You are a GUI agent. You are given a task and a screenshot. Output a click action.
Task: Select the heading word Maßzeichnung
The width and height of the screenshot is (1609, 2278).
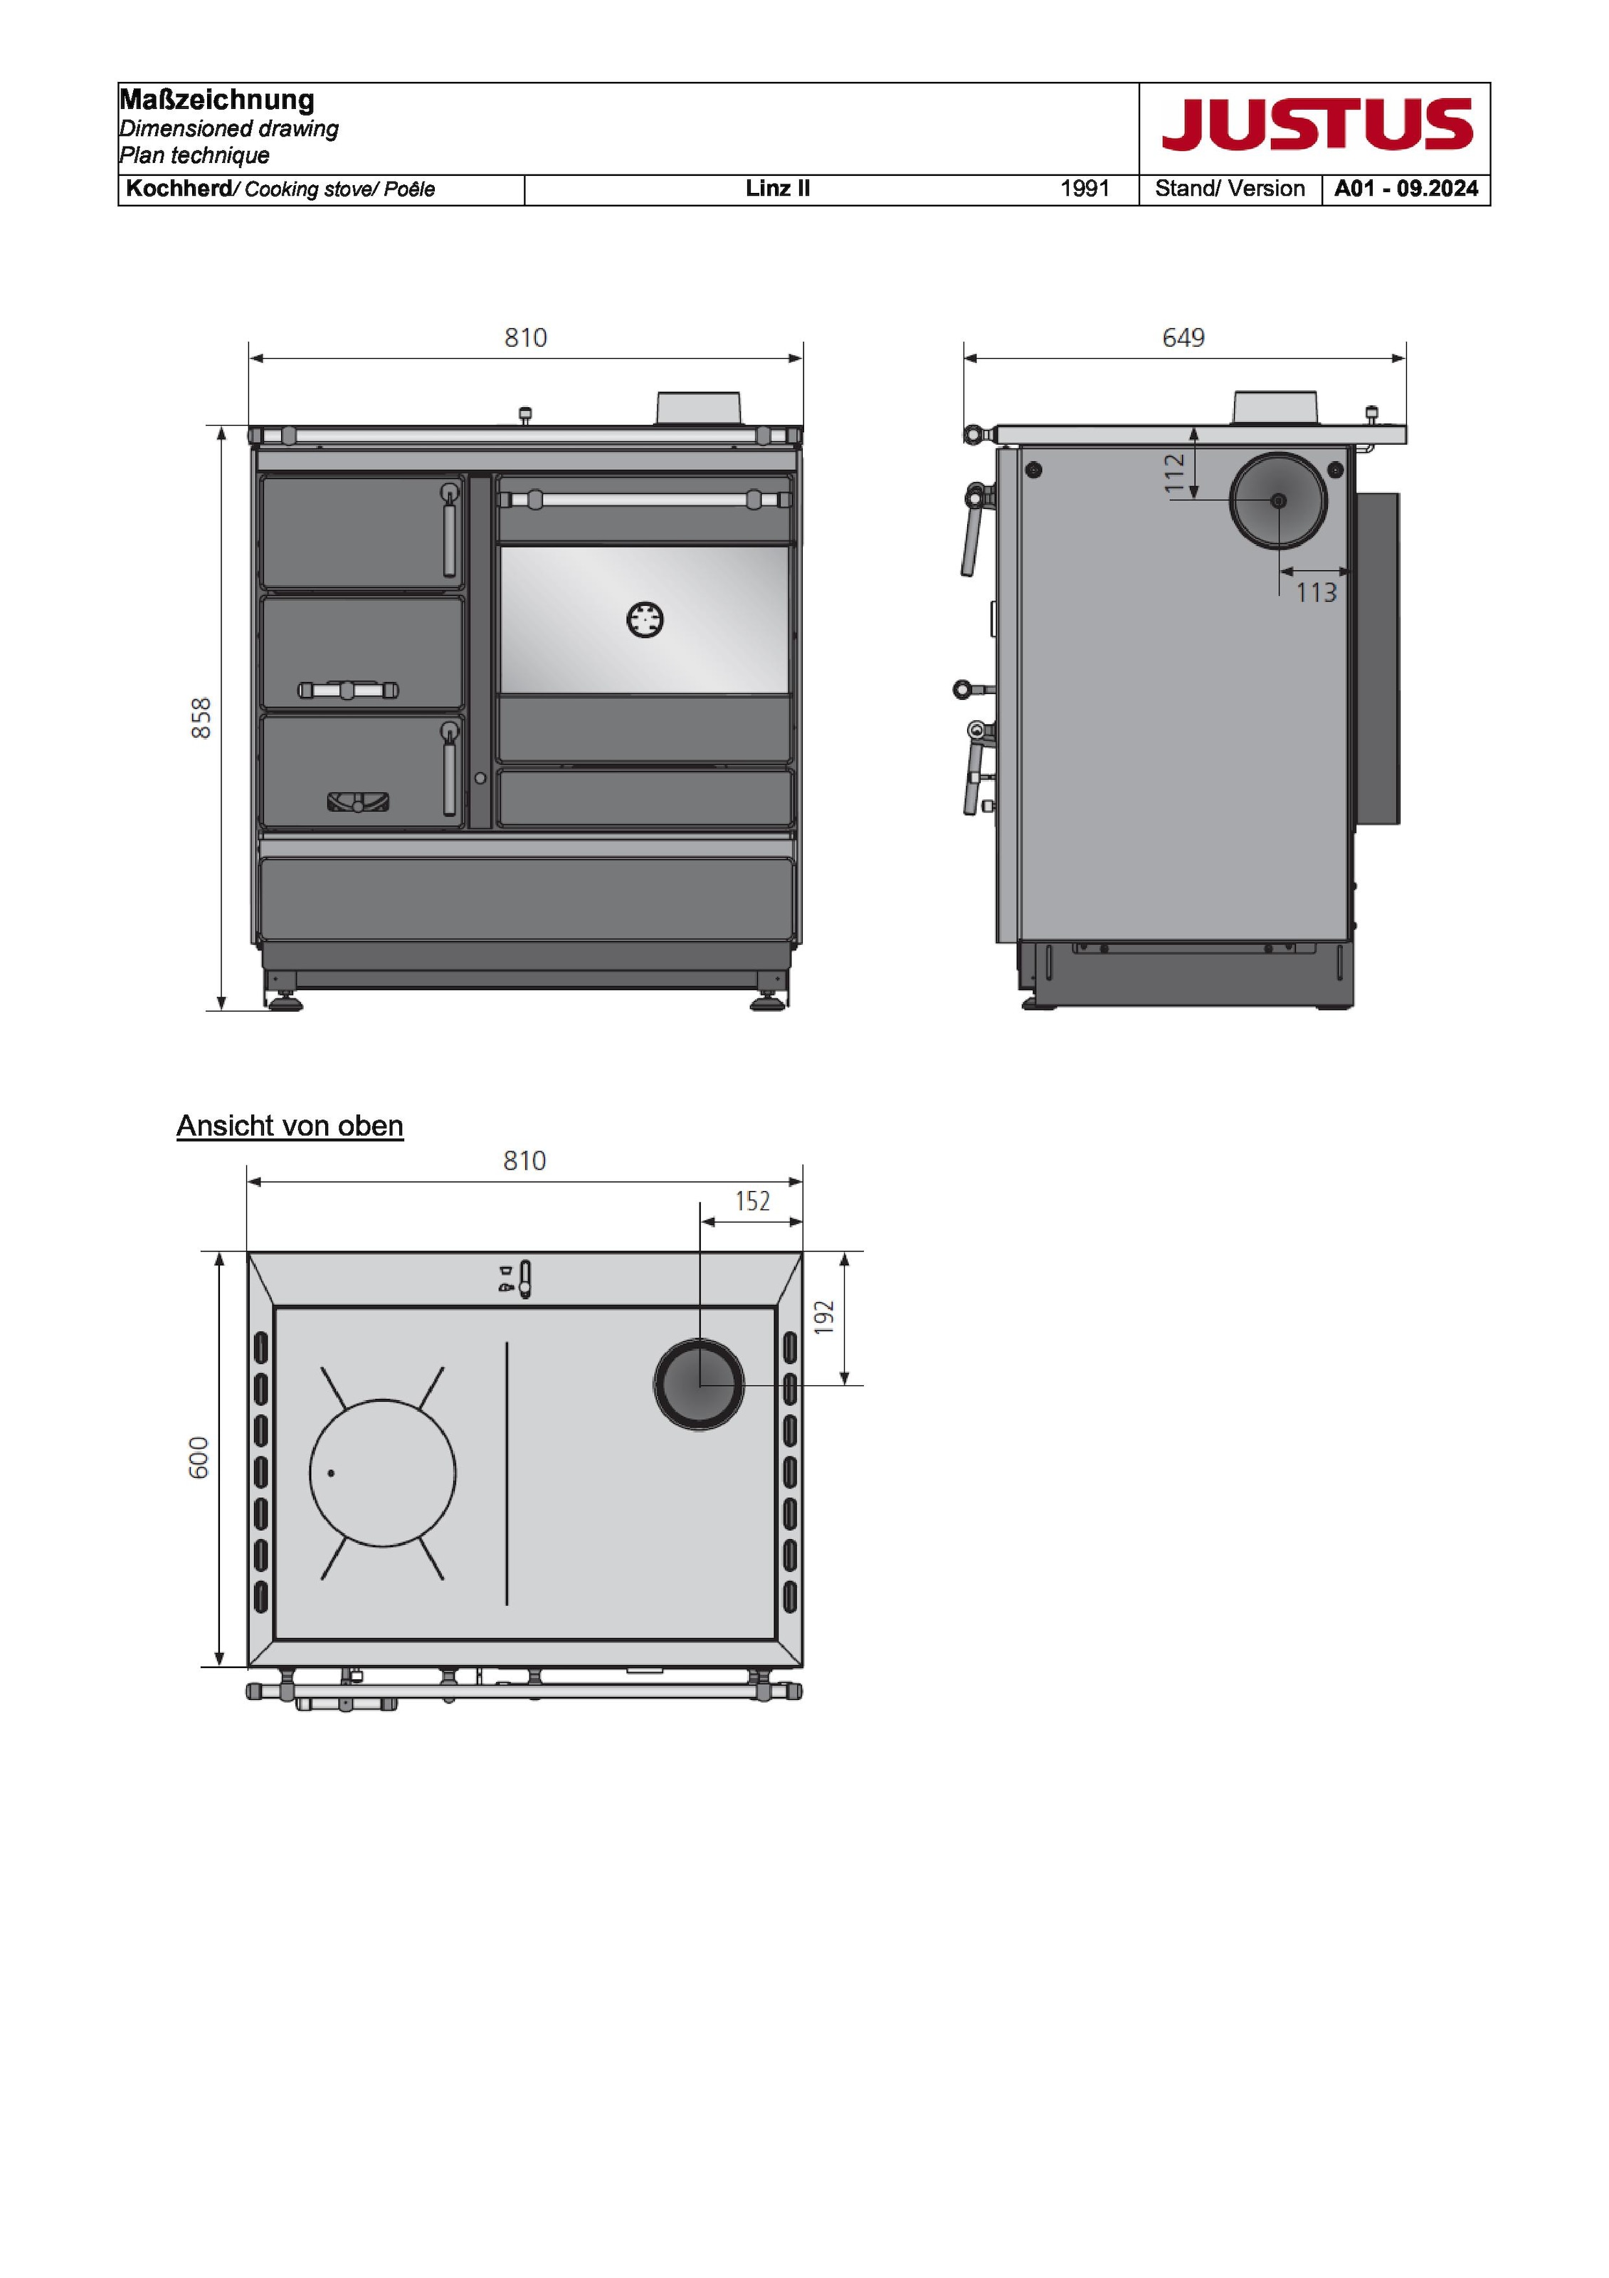216,100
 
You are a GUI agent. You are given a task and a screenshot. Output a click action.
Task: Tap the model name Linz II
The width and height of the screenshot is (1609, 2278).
778,189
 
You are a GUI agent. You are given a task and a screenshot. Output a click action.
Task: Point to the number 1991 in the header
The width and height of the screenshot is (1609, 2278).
1085,189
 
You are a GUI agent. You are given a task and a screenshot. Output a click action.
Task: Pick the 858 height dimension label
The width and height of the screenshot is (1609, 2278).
201,718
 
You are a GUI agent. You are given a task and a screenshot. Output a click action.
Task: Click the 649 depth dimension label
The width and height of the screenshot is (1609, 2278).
1183,337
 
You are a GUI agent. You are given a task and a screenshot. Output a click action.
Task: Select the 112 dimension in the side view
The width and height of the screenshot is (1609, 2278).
1174,474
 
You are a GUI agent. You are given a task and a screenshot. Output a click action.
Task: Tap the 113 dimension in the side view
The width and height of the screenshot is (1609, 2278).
1317,592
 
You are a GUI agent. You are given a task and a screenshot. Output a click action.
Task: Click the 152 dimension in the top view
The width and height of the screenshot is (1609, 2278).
753,1202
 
